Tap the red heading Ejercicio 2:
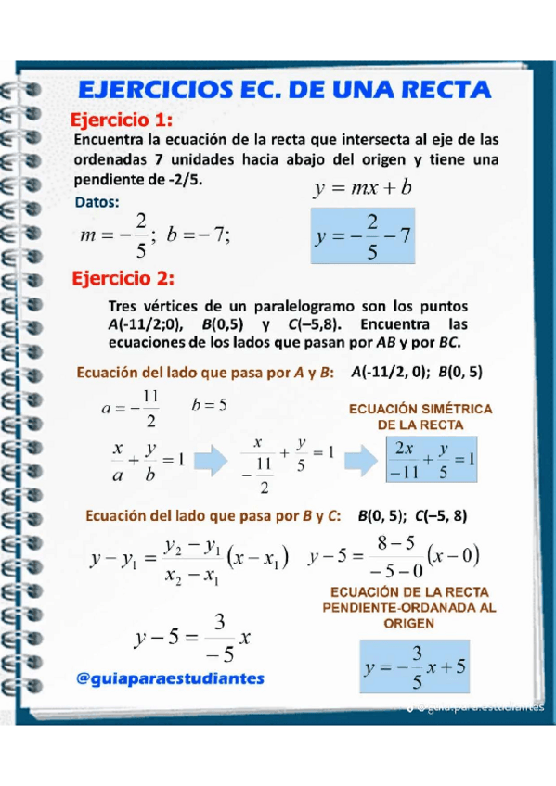123,278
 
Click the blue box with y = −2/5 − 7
362,236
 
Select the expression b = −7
199,235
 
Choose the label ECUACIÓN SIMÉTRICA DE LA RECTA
420,416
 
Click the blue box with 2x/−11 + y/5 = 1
433,458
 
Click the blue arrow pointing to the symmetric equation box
359,458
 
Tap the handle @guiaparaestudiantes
171,678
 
